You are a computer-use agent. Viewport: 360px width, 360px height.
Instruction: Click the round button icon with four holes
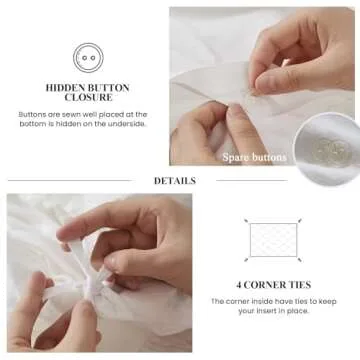pos(87,57)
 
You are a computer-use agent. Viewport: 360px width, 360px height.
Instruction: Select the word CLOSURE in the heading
pos(88,100)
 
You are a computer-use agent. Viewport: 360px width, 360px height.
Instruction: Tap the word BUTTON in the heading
pos(108,89)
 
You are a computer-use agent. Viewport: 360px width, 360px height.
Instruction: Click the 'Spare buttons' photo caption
pos(255,157)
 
